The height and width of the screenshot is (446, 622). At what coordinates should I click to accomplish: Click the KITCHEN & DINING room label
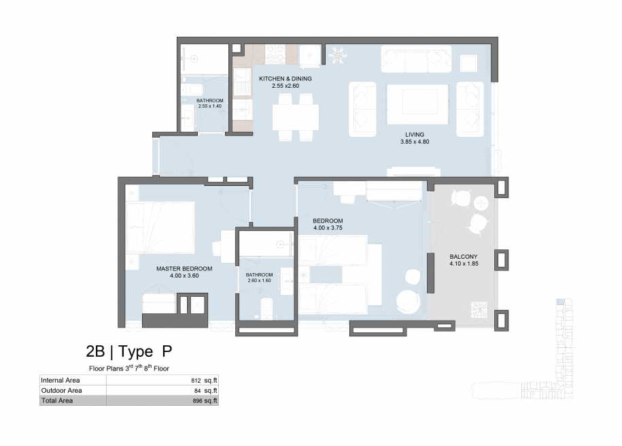point(286,79)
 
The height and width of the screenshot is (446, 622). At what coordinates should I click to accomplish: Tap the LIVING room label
point(415,135)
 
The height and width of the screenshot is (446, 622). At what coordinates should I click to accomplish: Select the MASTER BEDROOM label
point(184,269)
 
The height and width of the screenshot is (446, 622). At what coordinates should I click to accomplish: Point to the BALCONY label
point(464,257)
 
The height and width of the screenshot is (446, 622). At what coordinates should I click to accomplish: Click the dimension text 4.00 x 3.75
point(328,228)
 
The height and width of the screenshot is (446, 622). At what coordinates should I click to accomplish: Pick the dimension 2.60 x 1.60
point(259,281)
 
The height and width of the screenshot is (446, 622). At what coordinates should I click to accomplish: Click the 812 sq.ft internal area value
point(204,381)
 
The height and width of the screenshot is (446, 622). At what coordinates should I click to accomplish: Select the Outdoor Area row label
point(61,391)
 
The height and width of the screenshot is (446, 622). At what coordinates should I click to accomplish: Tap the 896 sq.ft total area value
point(205,400)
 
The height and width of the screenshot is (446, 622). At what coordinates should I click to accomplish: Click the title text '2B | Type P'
point(129,351)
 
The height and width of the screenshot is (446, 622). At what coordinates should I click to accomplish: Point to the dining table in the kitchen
point(296,117)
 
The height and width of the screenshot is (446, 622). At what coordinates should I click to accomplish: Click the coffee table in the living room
point(417,104)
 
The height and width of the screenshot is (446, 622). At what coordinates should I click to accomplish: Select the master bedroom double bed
point(160,228)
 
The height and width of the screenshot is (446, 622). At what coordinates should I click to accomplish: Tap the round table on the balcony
point(481,203)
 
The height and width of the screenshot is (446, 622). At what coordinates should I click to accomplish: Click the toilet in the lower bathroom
point(266,308)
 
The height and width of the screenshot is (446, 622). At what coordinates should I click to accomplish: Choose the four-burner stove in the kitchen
point(275,54)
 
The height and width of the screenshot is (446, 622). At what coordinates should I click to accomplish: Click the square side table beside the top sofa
point(468,63)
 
